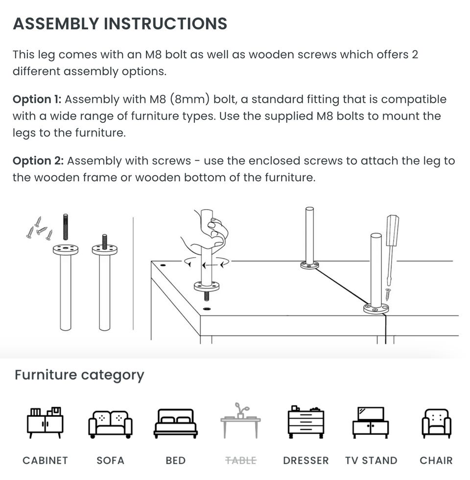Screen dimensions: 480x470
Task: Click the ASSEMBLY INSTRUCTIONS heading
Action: [x=120, y=24]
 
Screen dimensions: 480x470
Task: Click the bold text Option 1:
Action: [x=37, y=99]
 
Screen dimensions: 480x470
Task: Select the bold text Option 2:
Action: [x=38, y=161]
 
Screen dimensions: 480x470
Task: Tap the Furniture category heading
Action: [x=79, y=375]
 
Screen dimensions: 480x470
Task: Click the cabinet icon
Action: [x=45, y=422]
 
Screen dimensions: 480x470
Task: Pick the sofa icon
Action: [x=110, y=424]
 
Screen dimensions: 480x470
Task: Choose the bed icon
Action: [x=176, y=423]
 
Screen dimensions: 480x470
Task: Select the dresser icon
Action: [x=306, y=422]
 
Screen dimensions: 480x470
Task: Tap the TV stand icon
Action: [x=371, y=422]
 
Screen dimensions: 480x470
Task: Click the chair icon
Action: [x=436, y=423]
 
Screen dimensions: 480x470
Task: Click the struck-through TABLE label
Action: [x=241, y=460]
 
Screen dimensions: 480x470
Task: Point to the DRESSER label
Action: [x=306, y=460]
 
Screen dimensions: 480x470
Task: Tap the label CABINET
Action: [x=45, y=460]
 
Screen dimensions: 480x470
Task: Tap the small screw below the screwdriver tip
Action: [x=388, y=294]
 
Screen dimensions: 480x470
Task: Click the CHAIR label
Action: [x=436, y=460]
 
